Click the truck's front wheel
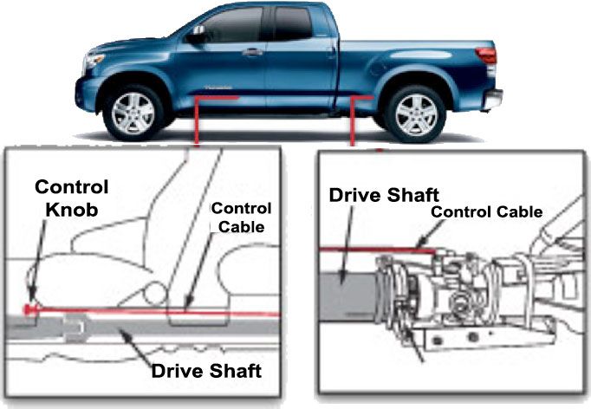tap(133, 113)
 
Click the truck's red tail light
tap(487, 55)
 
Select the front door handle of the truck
tap(252, 52)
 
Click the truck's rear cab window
tap(293, 23)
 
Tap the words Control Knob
tap(72, 198)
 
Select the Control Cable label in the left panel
tap(241, 217)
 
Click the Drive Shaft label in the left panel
tap(206, 371)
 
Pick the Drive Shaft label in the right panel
tap(384, 195)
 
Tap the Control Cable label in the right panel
tap(487, 211)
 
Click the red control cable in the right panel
tap(378, 250)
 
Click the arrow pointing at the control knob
tap(37, 261)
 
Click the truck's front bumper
tap(84, 94)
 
